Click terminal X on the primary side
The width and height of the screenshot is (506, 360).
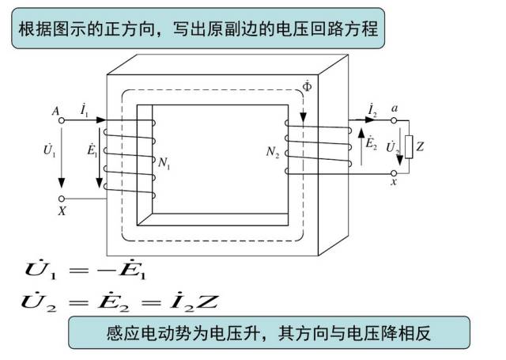62,199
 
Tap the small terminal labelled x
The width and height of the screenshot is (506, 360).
394,172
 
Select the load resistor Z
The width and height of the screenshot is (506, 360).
409,147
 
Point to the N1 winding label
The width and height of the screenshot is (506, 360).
164,165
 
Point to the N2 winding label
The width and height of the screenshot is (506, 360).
273,151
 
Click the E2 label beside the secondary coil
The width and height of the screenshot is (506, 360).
371,144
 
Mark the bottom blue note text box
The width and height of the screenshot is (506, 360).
269,333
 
